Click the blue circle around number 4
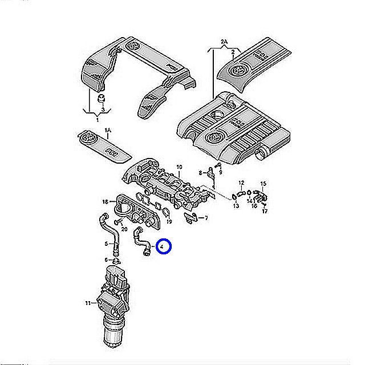coord(164,246)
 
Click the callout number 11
coord(88,302)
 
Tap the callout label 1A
coord(108,131)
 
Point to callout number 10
coord(179,167)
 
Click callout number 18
coord(105,202)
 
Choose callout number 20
coord(125,229)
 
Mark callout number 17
coord(265,212)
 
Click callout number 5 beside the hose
coord(106,245)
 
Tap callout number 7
coord(206,218)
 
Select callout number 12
coord(241,183)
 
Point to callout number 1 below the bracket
coord(97,120)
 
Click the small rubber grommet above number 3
coord(103,98)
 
